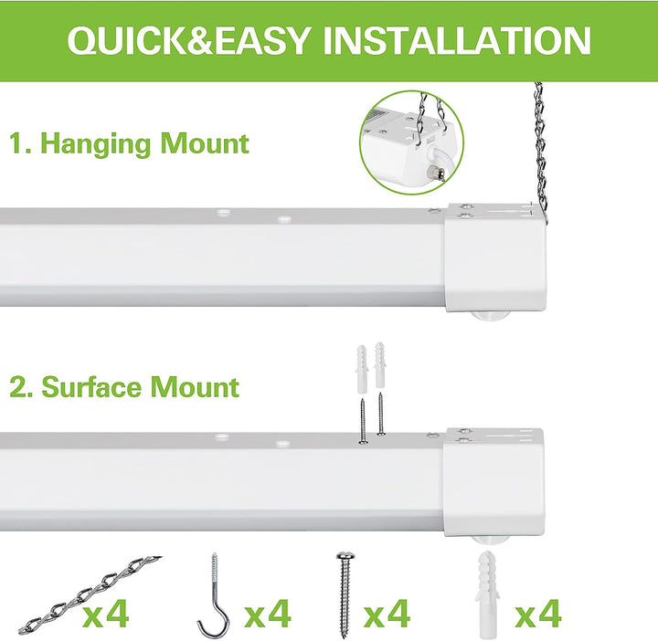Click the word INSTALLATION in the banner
click(x=457, y=40)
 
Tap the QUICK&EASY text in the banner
click(x=188, y=41)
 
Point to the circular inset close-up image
click(x=411, y=142)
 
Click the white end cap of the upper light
click(x=495, y=257)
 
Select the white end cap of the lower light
click(x=493, y=482)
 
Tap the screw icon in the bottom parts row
click(x=345, y=594)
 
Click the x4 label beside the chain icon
click(x=106, y=613)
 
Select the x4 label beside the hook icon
click(x=268, y=613)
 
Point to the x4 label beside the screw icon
click(x=387, y=613)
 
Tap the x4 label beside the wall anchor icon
click(x=538, y=613)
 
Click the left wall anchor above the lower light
click(x=362, y=369)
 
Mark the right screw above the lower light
click(x=380, y=414)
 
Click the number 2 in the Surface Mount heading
click(x=18, y=387)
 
